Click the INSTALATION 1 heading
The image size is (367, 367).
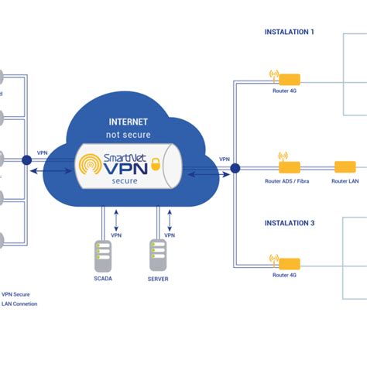pos(290,33)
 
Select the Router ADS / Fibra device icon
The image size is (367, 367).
pos(288,166)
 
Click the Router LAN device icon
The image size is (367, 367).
pos(344,166)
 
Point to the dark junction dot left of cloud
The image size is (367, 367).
pos(26,160)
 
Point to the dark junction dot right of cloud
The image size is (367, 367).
pos(235,166)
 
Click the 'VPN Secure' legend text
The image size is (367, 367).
pos(17,293)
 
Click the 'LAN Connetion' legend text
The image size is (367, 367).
pos(19,304)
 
